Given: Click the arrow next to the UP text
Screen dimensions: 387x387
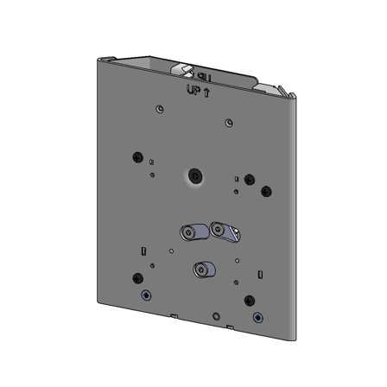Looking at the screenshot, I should pos(206,89).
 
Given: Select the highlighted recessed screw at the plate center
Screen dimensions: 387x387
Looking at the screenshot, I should pos(196,177).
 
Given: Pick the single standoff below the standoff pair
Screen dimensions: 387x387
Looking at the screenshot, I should pos(203,270).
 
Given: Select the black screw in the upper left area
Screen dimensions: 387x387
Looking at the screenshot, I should pos(137,156).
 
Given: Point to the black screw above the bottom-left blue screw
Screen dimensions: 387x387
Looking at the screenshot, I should pos(137,278).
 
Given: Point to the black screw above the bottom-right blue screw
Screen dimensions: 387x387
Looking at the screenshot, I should pos(250,301).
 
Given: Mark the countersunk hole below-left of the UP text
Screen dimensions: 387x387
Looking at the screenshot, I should pos(158,109).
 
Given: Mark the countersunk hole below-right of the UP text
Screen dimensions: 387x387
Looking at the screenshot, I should pos(227,123).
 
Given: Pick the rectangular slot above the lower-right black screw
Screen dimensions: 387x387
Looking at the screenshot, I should pos(258,274).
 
